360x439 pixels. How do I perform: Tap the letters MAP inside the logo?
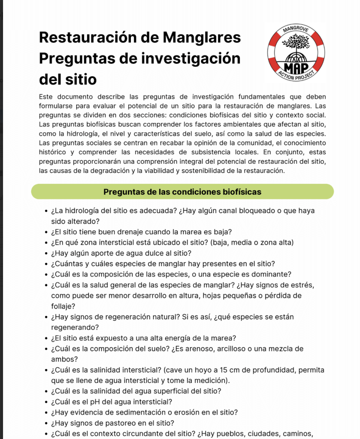296,67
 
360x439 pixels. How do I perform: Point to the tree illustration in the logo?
296,43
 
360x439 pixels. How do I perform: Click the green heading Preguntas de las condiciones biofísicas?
182,192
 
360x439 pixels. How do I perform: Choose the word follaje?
63,306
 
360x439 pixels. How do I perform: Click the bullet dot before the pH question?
45,402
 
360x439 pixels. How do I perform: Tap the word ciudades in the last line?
259,433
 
